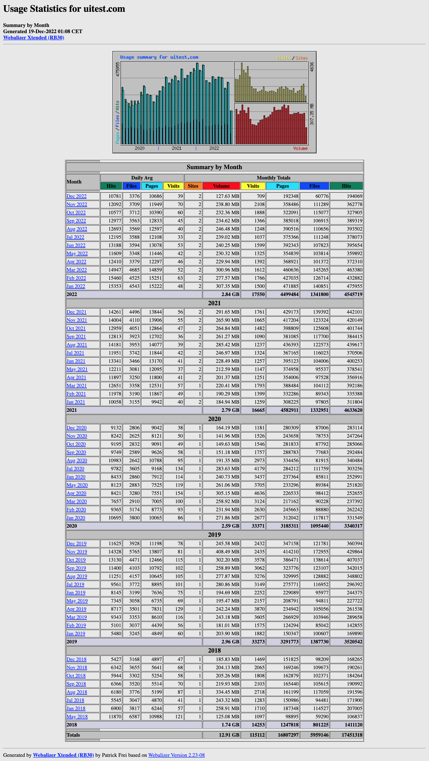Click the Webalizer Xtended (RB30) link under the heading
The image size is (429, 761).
[x=34, y=38]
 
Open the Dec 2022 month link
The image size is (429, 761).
[x=76, y=196]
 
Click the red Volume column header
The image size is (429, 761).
[x=221, y=186]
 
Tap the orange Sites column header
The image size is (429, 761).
[x=193, y=186]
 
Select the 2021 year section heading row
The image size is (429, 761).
[x=214, y=303]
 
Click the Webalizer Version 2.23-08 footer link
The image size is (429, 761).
[x=176, y=755]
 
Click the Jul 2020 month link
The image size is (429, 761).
[x=75, y=469]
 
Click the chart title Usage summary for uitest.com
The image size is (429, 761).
[x=159, y=57]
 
